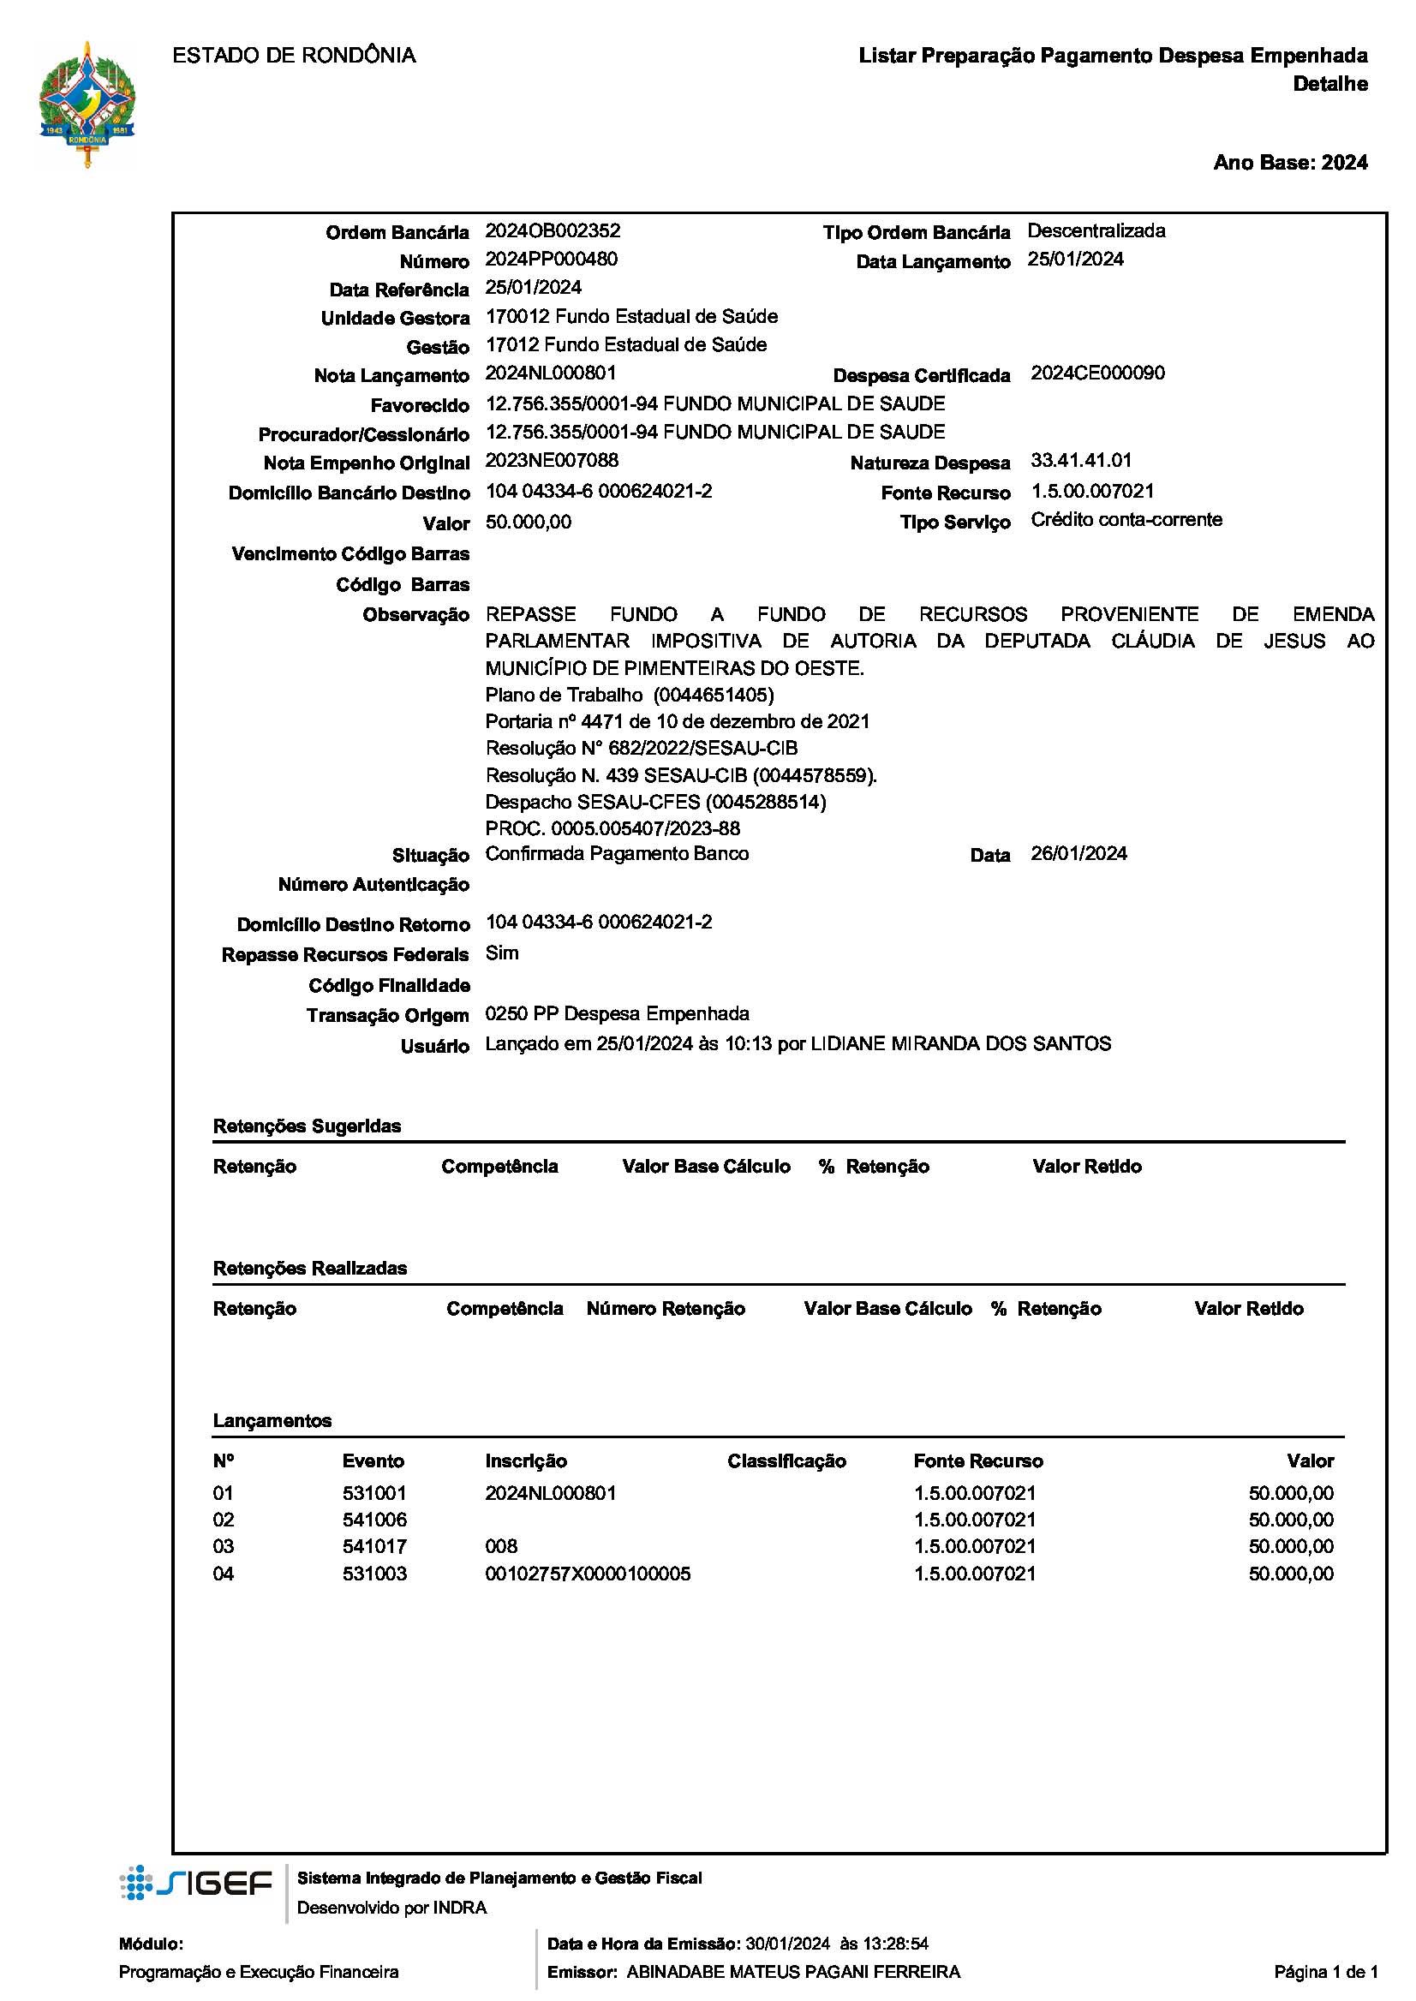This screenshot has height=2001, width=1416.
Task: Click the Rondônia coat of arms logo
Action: pos(87,105)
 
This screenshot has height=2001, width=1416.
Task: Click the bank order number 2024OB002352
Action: pos(553,231)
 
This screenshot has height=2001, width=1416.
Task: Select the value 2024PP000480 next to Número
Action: pos(551,260)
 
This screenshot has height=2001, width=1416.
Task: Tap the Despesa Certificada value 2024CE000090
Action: pos(1096,374)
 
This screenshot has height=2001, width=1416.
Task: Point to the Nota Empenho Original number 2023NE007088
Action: pos(552,460)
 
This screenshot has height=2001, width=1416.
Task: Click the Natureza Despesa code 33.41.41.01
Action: pos(1081,460)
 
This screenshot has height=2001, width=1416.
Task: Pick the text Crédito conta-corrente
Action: pos(1126,521)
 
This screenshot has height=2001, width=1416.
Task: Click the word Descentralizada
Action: pos(1096,231)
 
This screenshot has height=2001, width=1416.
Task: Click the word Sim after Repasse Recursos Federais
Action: pos(502,953)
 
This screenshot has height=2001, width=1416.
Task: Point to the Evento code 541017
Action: pos(374,1547)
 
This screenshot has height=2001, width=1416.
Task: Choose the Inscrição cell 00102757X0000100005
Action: pos(588,1574)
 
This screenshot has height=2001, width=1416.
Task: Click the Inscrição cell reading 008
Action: pos(501,1547)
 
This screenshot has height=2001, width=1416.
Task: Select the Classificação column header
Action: pos(786,1461)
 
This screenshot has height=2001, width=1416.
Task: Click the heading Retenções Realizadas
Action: pos(309,1269)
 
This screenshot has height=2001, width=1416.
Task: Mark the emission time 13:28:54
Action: pos(894,1944)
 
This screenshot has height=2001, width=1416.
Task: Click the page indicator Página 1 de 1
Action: pos(1325,1972)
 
